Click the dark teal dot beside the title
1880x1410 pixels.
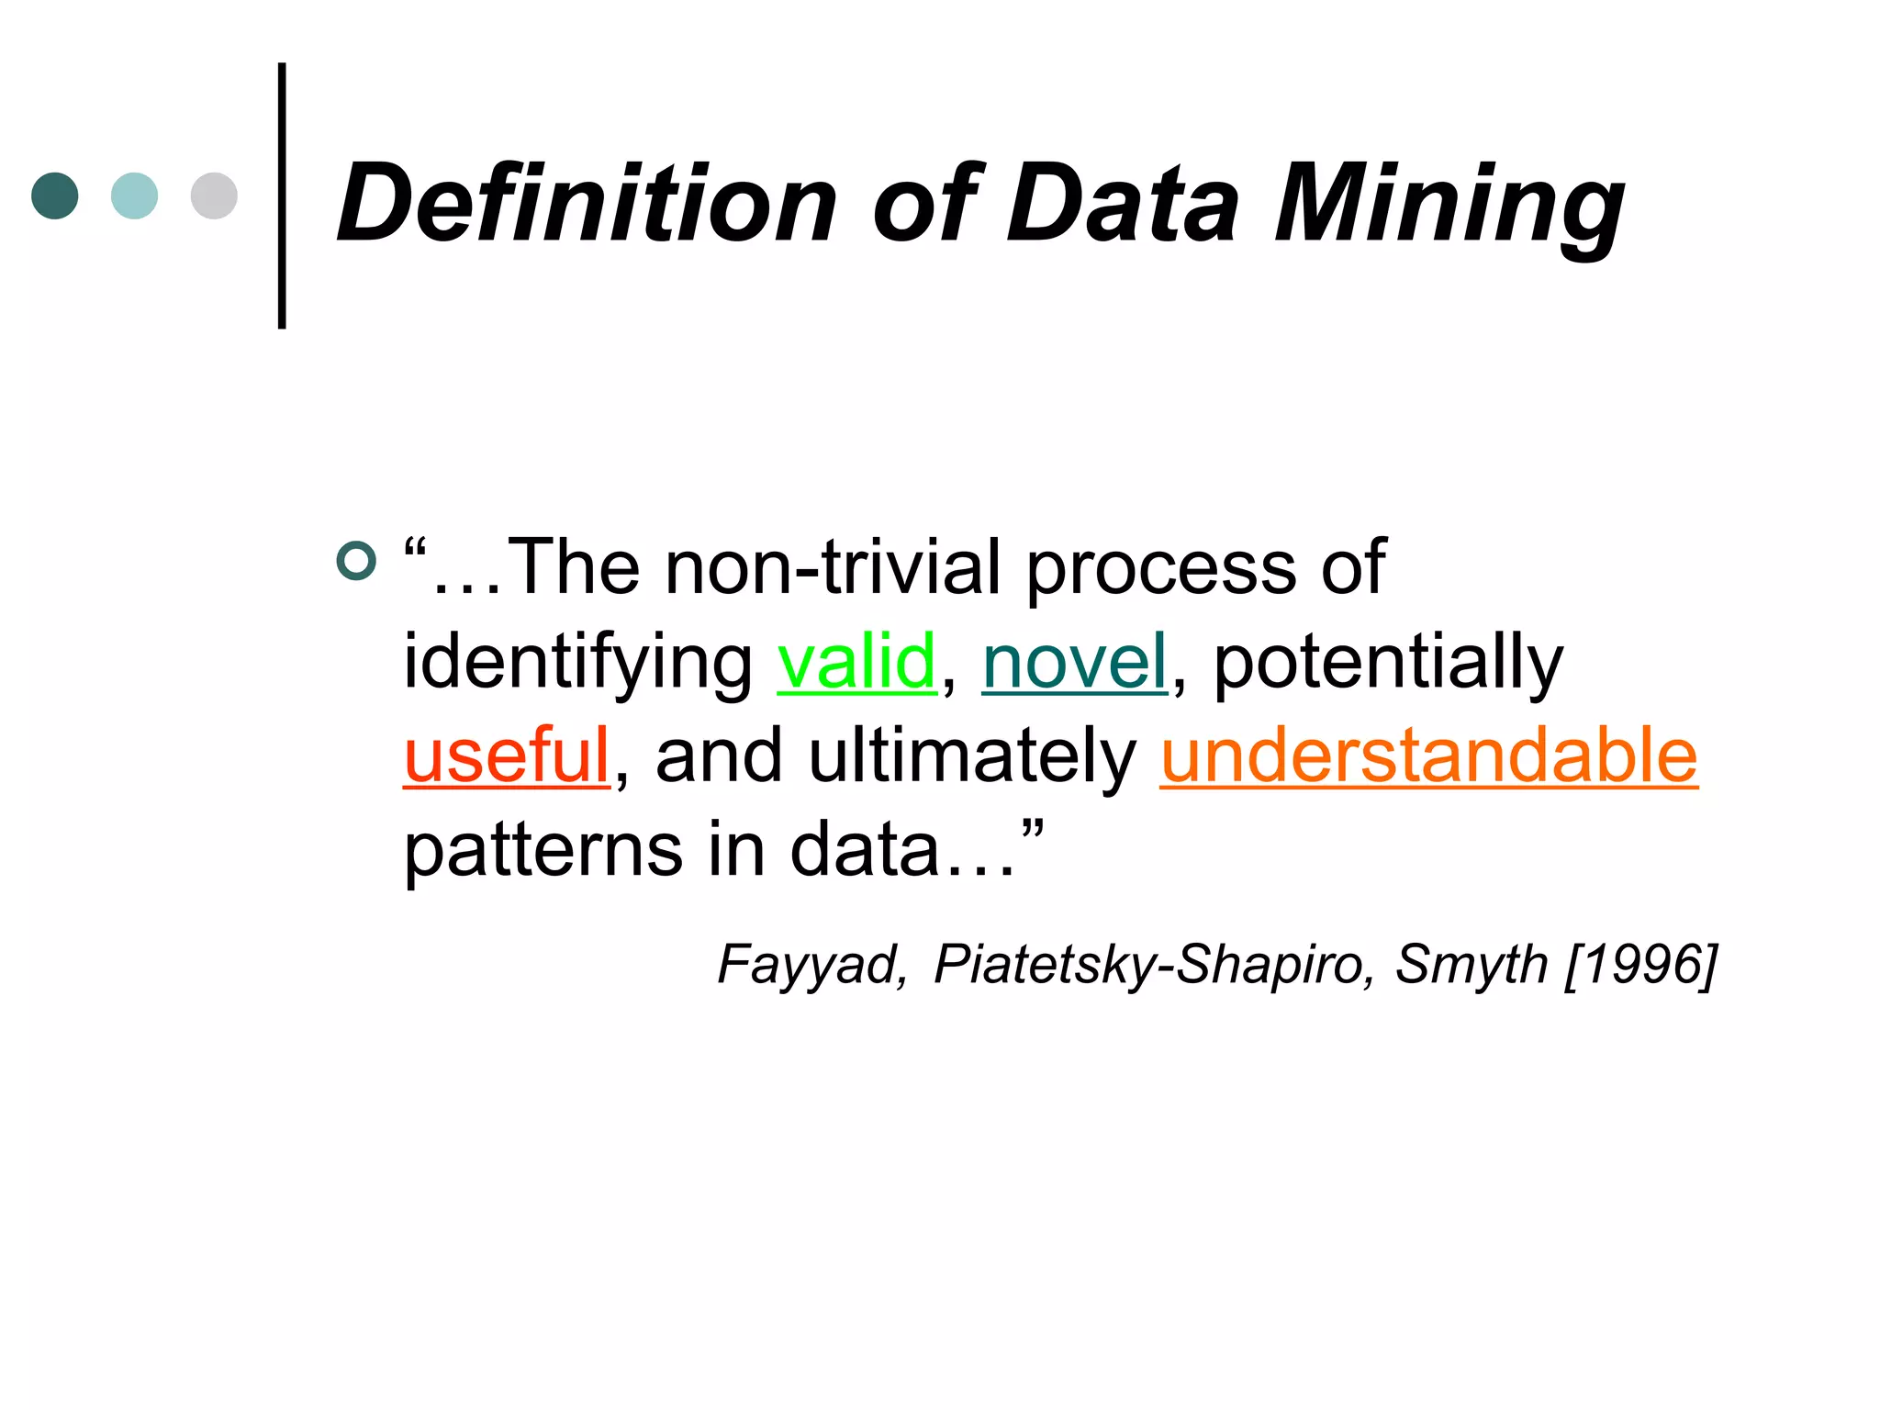55,196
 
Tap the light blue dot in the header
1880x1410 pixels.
134,196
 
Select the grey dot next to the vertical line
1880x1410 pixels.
214,196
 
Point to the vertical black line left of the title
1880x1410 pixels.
282,195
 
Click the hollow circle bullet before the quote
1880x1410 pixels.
357,561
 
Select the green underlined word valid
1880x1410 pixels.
856,661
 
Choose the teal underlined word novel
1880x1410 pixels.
1075,661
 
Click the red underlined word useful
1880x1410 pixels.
507,755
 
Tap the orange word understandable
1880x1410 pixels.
1428,755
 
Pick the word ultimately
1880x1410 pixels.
972,755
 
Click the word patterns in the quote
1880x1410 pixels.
543,850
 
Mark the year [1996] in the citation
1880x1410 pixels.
1640,965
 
